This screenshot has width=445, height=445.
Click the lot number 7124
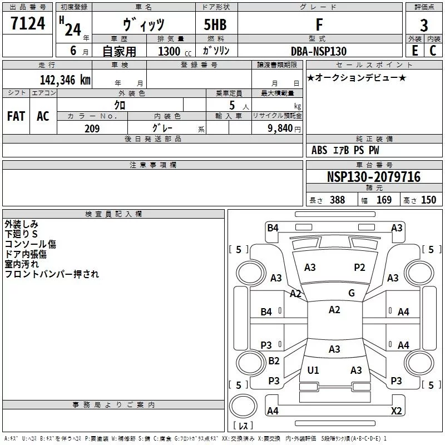coord(28,23)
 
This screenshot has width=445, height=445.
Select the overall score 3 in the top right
coord(424,26)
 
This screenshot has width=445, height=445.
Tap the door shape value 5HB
coord(215,24)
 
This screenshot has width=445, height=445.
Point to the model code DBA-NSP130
coord(319,51)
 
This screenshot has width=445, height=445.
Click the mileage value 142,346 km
coord(65,80)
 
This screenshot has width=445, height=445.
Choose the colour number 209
coord(92,128)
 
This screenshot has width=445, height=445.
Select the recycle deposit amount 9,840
coord(280,128)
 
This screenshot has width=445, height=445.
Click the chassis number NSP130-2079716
coord(374,177)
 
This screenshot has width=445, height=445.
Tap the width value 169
coord(384,200)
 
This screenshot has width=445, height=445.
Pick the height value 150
coord(428,200)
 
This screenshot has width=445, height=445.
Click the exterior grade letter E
coord(414,51)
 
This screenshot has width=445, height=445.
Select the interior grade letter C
coord(433,51)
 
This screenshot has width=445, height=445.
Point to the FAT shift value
coord(16,116)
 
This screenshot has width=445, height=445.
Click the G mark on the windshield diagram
coord(352,293)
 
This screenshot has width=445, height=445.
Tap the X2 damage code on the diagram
coord(396,411)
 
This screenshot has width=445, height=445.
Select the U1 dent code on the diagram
coord(313,370)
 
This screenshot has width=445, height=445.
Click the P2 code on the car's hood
coord(359,268)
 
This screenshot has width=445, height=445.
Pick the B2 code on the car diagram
coord(274,360)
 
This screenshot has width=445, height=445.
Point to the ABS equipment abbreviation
coord(319,150)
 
